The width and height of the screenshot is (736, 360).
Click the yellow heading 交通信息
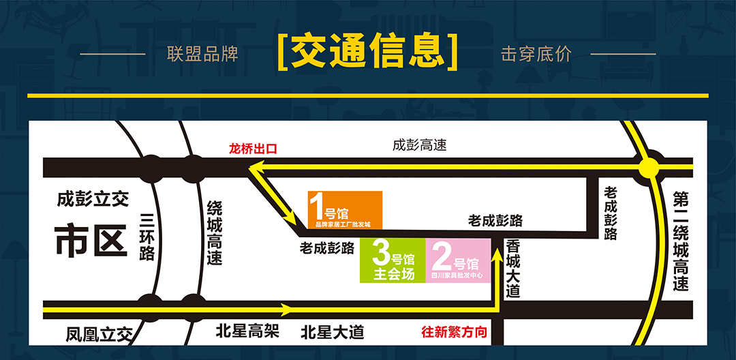point(368,52)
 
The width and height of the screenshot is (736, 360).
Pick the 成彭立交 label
point(93,199)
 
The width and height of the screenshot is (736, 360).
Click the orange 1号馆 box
point(344,209)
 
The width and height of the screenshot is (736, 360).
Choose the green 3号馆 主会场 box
point(393,260)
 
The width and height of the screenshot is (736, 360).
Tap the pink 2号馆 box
point(458,260)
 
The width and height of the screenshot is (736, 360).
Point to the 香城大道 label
point(513,267)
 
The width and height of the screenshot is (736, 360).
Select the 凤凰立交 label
point(98,335)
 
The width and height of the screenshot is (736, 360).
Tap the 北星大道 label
point(333,333)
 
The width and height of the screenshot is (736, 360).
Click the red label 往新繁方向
point(454,333)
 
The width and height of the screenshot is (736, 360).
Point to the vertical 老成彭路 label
point(611,213)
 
